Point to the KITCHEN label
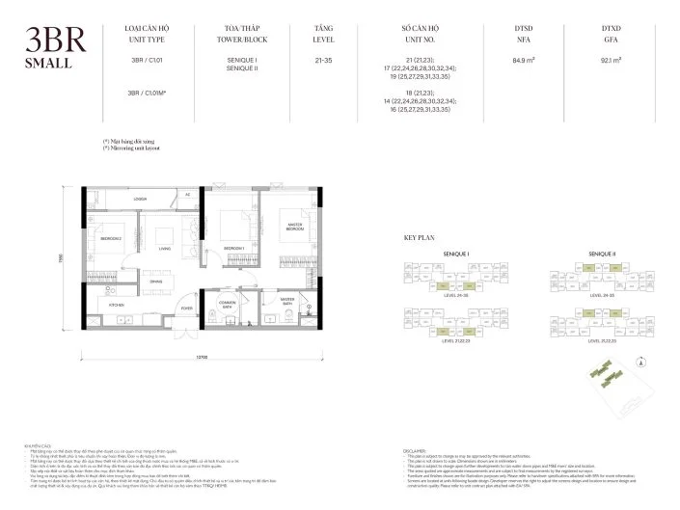point(117,304)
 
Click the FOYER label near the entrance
point(186,309)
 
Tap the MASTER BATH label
point(287,300)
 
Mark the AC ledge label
point(187,195)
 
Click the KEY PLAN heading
point(421,236)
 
